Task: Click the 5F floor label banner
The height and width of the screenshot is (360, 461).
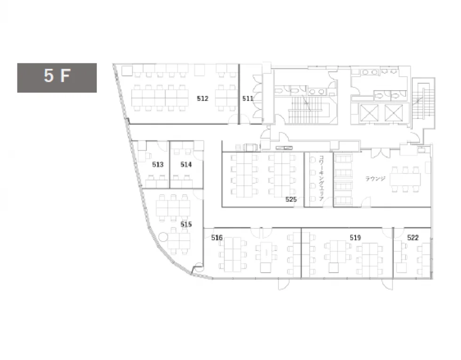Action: point(57,78)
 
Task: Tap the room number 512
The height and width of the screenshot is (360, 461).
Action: point(203,99)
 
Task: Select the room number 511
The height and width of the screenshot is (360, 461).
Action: point(247,99)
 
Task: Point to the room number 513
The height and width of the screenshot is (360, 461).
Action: point(158,164)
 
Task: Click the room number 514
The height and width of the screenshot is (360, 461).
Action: point(186,164)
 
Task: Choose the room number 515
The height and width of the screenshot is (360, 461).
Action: point(186,224)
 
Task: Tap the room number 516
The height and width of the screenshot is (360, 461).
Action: point(217,237)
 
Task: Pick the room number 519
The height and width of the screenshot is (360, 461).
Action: point(355,237)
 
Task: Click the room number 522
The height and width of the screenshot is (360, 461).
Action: point(413,237)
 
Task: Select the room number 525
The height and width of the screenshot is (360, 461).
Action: point(291,199)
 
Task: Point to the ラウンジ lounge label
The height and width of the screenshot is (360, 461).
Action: point(375,178)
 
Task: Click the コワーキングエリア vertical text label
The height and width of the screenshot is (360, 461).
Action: point(321,178)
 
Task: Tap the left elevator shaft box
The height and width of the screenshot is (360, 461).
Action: point(369,112)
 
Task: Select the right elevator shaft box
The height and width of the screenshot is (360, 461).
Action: point(393,112)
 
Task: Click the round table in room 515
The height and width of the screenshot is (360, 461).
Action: point(163,237)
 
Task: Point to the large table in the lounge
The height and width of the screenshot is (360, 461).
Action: point(405,179)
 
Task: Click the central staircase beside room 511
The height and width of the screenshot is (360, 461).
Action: point(305,110)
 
